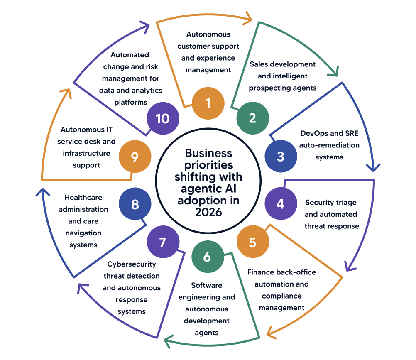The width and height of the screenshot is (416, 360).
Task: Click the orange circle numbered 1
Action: [208, 103]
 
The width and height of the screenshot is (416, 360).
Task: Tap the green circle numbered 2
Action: [252, 118]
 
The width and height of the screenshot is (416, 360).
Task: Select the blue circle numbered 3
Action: [281, 157]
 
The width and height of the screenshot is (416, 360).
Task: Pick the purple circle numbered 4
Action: [281, 204]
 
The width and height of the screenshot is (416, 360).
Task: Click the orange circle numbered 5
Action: [252, 243]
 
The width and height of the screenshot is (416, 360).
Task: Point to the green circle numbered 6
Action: [207, 257]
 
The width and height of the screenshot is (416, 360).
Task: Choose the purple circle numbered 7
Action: [163, 242]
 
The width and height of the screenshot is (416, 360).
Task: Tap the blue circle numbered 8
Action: [135, 204]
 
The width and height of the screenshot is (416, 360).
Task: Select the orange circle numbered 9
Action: [135, 157]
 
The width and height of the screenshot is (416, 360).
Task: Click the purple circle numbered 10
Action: [163, 118]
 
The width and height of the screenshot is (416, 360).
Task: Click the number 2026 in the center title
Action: [208, 212]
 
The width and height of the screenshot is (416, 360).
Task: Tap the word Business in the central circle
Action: [208, 153]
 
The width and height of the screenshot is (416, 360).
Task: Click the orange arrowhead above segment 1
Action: [248, 17]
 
